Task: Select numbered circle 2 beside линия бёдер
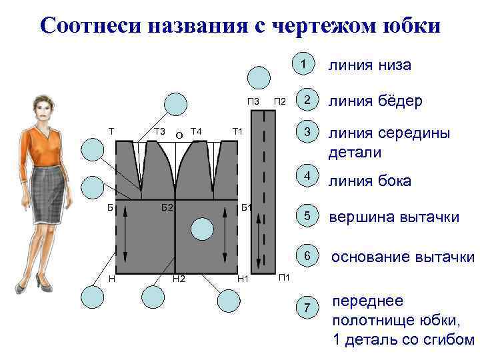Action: pos(307,100)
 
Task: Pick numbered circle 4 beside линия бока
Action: pos(307,177)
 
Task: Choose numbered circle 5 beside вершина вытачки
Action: pos(307,216)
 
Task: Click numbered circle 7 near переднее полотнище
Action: pos(307,307)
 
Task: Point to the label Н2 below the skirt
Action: pos(179,278)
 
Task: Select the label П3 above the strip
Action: pos(253,101)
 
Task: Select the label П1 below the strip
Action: pos(283,276)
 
